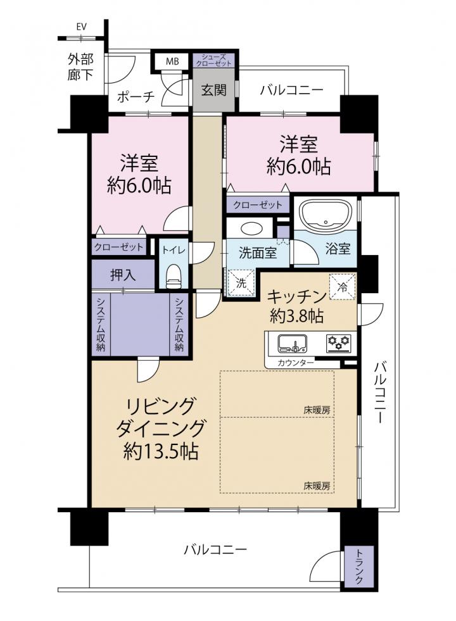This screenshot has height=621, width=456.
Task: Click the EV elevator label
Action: tap(82, 27)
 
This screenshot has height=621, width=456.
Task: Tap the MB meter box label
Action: tap(172, 61)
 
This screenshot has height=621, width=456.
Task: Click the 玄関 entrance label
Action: tap(213, 91)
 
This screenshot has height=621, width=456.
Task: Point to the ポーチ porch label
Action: tap(136, 96)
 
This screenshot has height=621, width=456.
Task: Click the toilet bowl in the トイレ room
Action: tap(173, 276)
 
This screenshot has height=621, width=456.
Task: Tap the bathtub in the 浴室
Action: tap(326, 215)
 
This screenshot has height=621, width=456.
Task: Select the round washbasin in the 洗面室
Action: tap(250, 229)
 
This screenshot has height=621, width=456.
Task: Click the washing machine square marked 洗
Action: tap(241, 282)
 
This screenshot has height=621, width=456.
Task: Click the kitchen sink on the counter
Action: tap(293, 343)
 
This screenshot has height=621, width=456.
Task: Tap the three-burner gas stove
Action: tap(339, 343)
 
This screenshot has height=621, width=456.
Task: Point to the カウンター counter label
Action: tap(296, 362)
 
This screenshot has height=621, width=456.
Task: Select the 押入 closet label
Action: tap(123, 275)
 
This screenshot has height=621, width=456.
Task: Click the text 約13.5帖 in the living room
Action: tap(160, 451)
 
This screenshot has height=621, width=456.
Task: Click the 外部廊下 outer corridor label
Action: tap(81, 67)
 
